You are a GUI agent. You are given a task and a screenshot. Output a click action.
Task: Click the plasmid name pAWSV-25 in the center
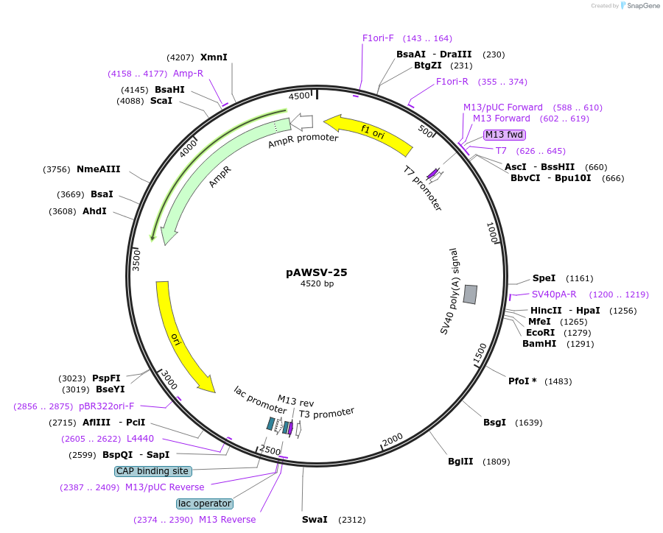click(x=317, y=272)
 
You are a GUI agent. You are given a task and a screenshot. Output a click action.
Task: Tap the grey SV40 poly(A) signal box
click(x=470, y=294)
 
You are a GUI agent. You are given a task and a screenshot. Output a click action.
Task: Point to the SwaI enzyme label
click(x=315, y=520)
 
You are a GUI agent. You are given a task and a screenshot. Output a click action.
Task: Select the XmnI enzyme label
click(x=214, y=57)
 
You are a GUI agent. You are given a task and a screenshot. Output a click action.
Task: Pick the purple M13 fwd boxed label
click(x=505, y=135)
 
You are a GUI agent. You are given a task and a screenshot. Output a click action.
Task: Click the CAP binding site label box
click(x=153, y=471)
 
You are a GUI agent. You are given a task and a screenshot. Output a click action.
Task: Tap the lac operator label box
click(x=205, y=504)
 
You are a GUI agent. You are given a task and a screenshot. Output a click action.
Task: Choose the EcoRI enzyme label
click(x=540, y=333)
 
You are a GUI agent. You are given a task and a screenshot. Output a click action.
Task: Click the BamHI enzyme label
click(x=539, y=344)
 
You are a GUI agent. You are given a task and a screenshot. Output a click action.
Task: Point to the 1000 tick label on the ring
click(x=493, y=232)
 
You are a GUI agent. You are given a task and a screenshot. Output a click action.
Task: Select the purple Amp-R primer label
click(x=188, y=74)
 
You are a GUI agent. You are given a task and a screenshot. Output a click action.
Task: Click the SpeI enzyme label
click(x=544, y=278)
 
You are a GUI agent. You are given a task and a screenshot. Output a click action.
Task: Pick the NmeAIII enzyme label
click(x=99, y=169)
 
